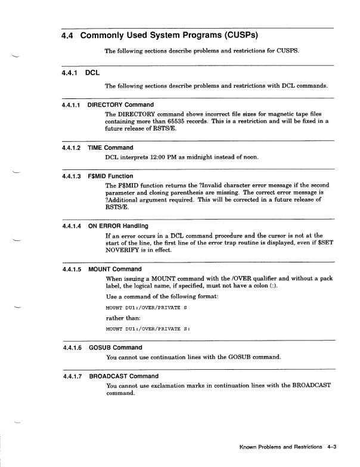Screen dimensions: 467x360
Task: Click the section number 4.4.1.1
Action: (x=73, y=105)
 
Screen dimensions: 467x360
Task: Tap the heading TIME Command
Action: (x=110, y=147)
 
